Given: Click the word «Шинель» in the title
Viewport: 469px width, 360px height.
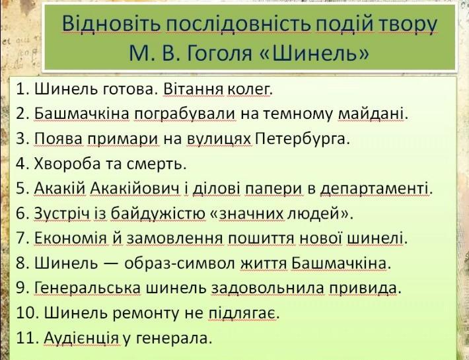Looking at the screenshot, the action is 312,53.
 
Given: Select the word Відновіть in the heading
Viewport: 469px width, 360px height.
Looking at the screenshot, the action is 111,23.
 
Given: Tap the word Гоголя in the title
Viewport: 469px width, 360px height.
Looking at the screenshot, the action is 219,54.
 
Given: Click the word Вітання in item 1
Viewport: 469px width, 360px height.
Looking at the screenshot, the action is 193,89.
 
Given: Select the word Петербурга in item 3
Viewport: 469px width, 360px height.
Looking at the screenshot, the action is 301,139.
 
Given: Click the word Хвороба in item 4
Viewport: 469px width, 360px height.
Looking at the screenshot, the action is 67,164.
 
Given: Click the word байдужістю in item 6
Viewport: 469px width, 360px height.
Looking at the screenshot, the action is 158,214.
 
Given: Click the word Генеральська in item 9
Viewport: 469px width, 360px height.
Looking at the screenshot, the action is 87,288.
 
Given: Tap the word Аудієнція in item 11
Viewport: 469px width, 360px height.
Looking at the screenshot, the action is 81,338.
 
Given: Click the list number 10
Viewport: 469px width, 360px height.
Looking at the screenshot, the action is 27,313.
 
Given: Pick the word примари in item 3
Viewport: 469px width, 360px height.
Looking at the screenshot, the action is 123,139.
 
